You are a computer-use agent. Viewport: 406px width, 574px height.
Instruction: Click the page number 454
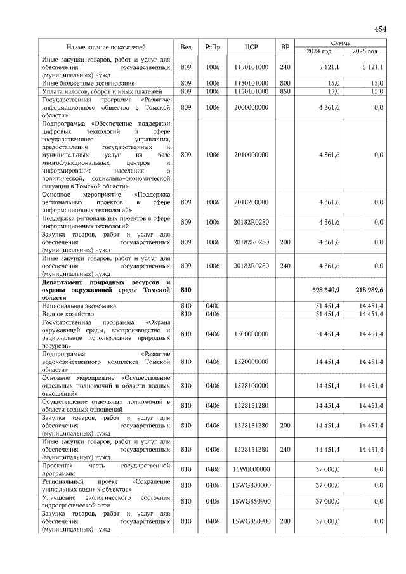tap(380, 29)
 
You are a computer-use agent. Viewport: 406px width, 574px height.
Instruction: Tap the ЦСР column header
tap(251, 47)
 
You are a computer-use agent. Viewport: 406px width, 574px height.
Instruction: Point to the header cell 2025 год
tap(365, 51)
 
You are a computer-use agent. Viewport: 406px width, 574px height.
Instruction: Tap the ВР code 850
tap(285, 91)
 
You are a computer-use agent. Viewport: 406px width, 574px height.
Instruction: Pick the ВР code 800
tap(285, 83)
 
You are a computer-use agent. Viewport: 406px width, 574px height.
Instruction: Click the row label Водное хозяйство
tap(64, 313)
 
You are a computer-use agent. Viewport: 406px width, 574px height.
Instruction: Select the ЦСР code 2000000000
tap(251, 108)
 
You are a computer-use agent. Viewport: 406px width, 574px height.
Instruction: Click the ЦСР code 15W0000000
tap(251, 469)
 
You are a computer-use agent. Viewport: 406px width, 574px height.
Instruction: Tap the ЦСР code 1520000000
tap(251, 362)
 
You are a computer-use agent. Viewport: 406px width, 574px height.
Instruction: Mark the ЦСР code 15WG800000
tap(251, 485)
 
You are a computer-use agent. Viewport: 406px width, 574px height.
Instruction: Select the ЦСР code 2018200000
tap(251, 202)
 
